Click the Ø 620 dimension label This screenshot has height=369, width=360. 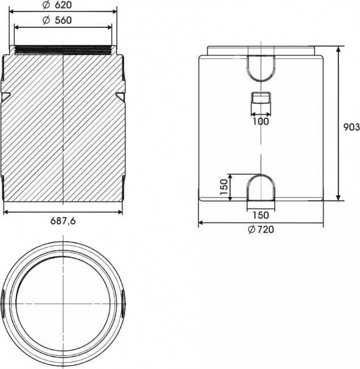[x=57, y=5]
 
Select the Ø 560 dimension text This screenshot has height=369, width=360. [x=57, y=20]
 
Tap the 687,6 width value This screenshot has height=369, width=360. [x=63, y=221]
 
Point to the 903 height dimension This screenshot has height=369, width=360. [x=351, y=127]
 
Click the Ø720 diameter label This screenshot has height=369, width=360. [x=261, y=229]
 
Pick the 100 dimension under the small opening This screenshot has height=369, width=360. [x=261, y=121]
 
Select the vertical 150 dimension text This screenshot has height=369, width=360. [x=224, y=187]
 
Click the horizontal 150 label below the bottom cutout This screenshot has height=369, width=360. [x=261, y=215]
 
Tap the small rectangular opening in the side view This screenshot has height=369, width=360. [x=261, y=98]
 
